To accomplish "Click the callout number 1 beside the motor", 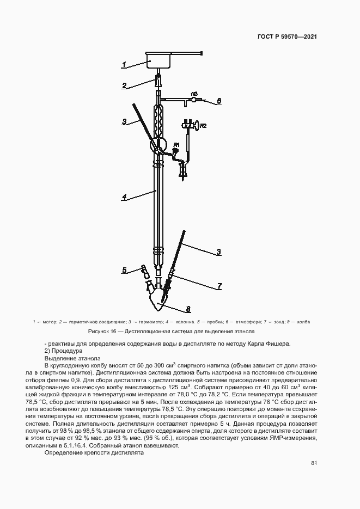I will [124, 65].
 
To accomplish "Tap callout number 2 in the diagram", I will [125, 85].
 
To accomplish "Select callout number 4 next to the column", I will [125, 198].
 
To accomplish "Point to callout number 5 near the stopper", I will [125, 270].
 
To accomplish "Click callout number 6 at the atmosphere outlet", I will [219, 101].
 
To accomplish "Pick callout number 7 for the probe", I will [219, 285].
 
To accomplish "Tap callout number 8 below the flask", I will [188, 309].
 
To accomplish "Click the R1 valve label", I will [176, 144].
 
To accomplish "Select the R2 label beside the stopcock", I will [203, 126].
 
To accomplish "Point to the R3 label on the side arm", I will [194, 94].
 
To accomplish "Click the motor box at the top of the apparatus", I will [159, 59].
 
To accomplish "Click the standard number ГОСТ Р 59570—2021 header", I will [288, 37].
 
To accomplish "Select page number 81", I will [314, 463].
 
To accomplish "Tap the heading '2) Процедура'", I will [63, 351].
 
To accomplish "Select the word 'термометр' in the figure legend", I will [145, 322].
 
